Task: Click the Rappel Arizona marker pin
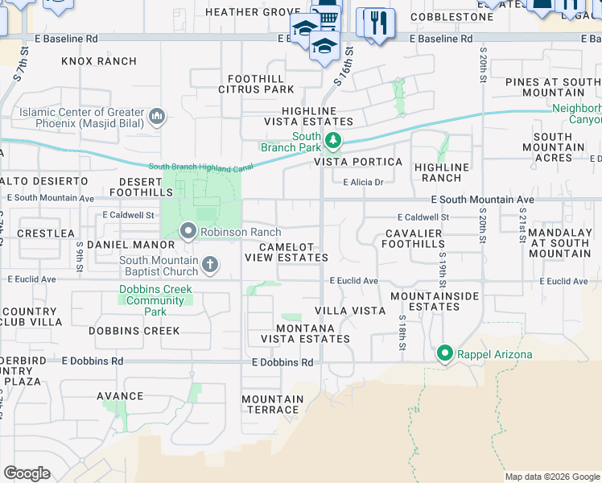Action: click(443, 353)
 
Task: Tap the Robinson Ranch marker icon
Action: click(188, 232)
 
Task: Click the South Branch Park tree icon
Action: click(333, 142)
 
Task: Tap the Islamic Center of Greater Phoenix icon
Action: click(156, 118)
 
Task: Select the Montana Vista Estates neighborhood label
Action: click(312, 333)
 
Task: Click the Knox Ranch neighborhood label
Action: click(99, 61)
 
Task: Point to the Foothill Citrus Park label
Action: click(256, 84)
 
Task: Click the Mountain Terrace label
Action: click(273, 404)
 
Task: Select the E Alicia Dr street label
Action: click(362, 182)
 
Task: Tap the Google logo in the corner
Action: click(27, 473)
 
